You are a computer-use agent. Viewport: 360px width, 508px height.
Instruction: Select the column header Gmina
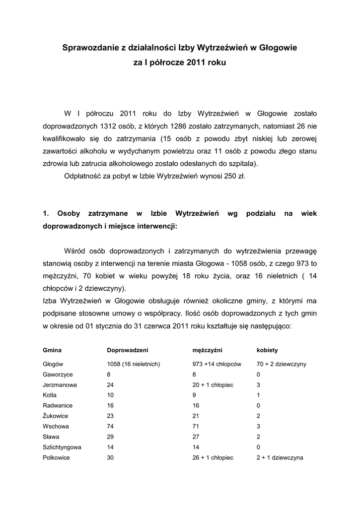pyautogui.click(x=52, y=350)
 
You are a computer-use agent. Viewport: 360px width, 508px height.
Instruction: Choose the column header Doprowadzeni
pyautogui.click(x=128, y=350)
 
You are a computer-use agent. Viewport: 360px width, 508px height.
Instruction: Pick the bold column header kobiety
pyautogui.click(x=267, y=350)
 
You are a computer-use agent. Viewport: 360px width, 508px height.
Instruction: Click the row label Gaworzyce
pyautogui.click(x=58, y=374)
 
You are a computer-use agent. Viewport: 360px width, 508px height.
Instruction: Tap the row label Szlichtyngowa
pyautogui.click(x=62, y=447)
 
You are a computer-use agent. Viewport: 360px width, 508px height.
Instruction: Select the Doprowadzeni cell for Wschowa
pyautogui.click(x=111, y=426)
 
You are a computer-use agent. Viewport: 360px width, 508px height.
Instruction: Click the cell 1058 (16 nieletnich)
pyautogui.click(x=133, y=364)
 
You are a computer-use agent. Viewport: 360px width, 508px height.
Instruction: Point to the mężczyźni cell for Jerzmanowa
pyautogui.click(x=213, y=384)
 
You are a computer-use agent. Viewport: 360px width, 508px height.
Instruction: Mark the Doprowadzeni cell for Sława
pyautogui.click(x=111, y=437)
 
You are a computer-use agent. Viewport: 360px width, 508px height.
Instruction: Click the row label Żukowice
pyautogui.click(x=56, y=416)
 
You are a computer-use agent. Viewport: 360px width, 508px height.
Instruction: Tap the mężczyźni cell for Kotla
pyautogui.click(x=194, y=395)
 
